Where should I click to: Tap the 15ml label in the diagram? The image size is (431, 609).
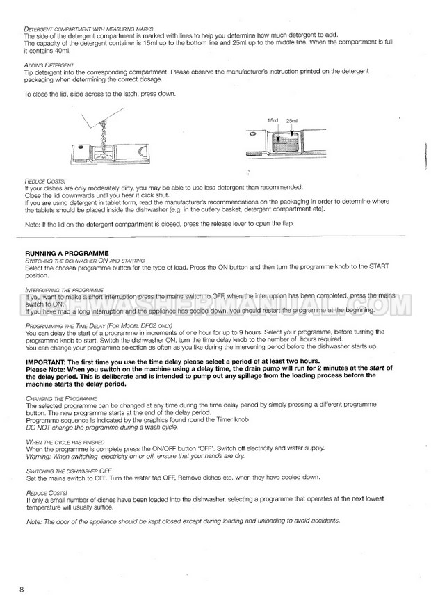pyautogui.click(x=272, y=120)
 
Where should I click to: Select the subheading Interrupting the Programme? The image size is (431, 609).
pyautogui.click(x=64, y=289)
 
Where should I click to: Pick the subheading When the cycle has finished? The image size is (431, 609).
pyautogui.click(x=63, y=442)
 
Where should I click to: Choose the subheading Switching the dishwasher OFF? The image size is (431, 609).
pyautogui.click(x=68, y=471)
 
